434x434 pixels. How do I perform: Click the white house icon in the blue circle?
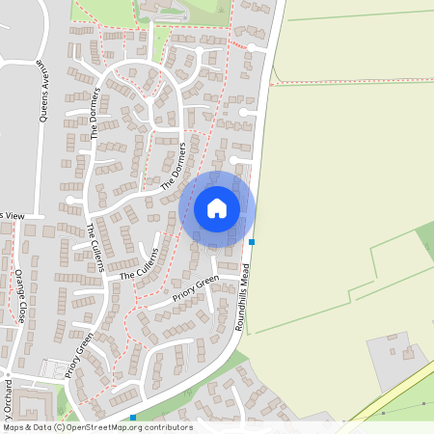[217, 207]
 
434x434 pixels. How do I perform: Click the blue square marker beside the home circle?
[252, 241]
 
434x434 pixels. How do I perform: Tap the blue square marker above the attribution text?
[133, 418]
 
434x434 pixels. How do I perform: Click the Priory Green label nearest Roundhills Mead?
[196, 288]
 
